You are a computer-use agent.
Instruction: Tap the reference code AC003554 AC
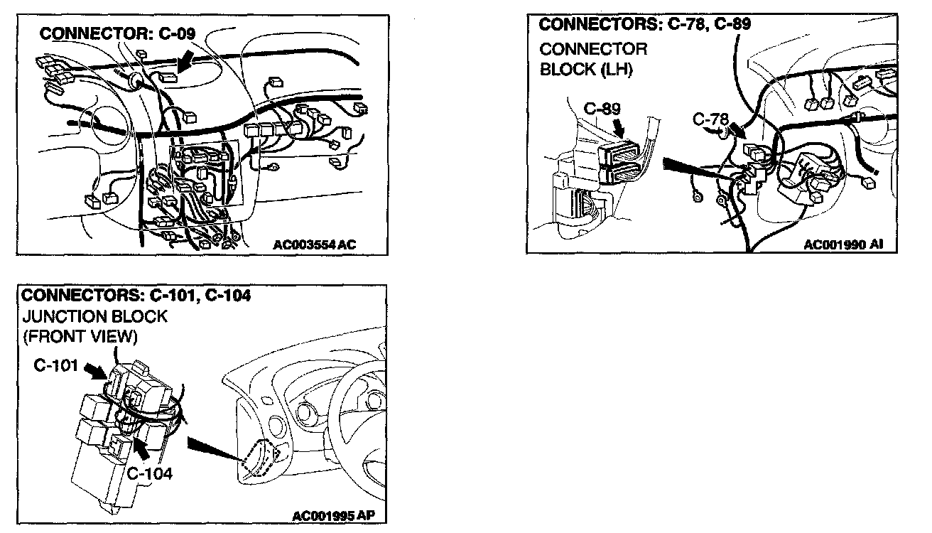click(315, 245)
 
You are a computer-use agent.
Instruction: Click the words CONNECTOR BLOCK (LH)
click(593, 60)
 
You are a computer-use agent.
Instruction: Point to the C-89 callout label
click(602, 109)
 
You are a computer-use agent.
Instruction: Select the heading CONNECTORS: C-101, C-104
click(136, 295)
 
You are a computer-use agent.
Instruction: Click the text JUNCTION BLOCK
click(94, 316)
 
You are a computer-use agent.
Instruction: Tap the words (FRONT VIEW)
click(80, 335)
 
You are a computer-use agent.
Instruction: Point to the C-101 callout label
click(55, 365)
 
